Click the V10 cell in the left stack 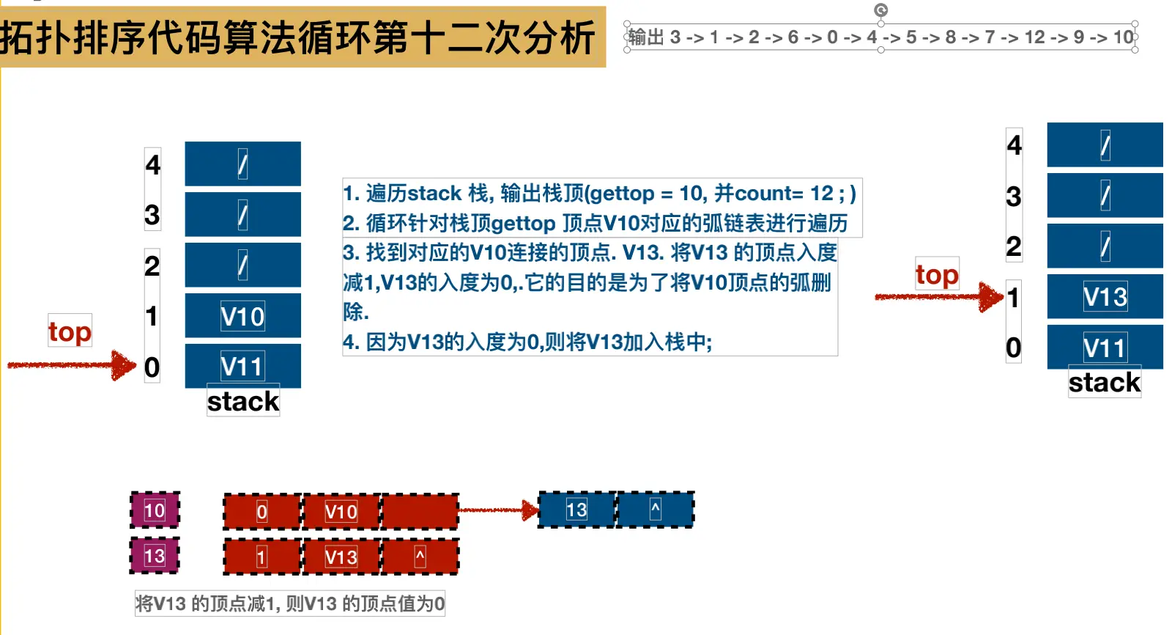(x=242, y=316)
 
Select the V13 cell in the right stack (x=1105, y=297)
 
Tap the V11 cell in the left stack (x=242, y=366)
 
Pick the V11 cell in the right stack (x=1105, y=347)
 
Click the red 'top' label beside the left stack (x=70, y=331)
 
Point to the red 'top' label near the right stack (x=937, y=275)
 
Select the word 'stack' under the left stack (x=243, y=401)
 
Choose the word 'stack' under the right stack (x=1105, y=382)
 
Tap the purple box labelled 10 (x=155, y=510)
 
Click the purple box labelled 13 (x=155, y=556)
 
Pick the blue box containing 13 (x=576, y=510)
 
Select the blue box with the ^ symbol (x=656, y=510)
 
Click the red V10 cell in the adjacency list (x=341, y=512)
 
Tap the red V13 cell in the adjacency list (x=341, y=557)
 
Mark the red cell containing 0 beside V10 (x=262, y=512)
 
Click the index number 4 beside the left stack (x=152, y=164)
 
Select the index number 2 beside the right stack (x=1014, y=246)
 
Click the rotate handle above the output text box (x=881, y=10)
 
